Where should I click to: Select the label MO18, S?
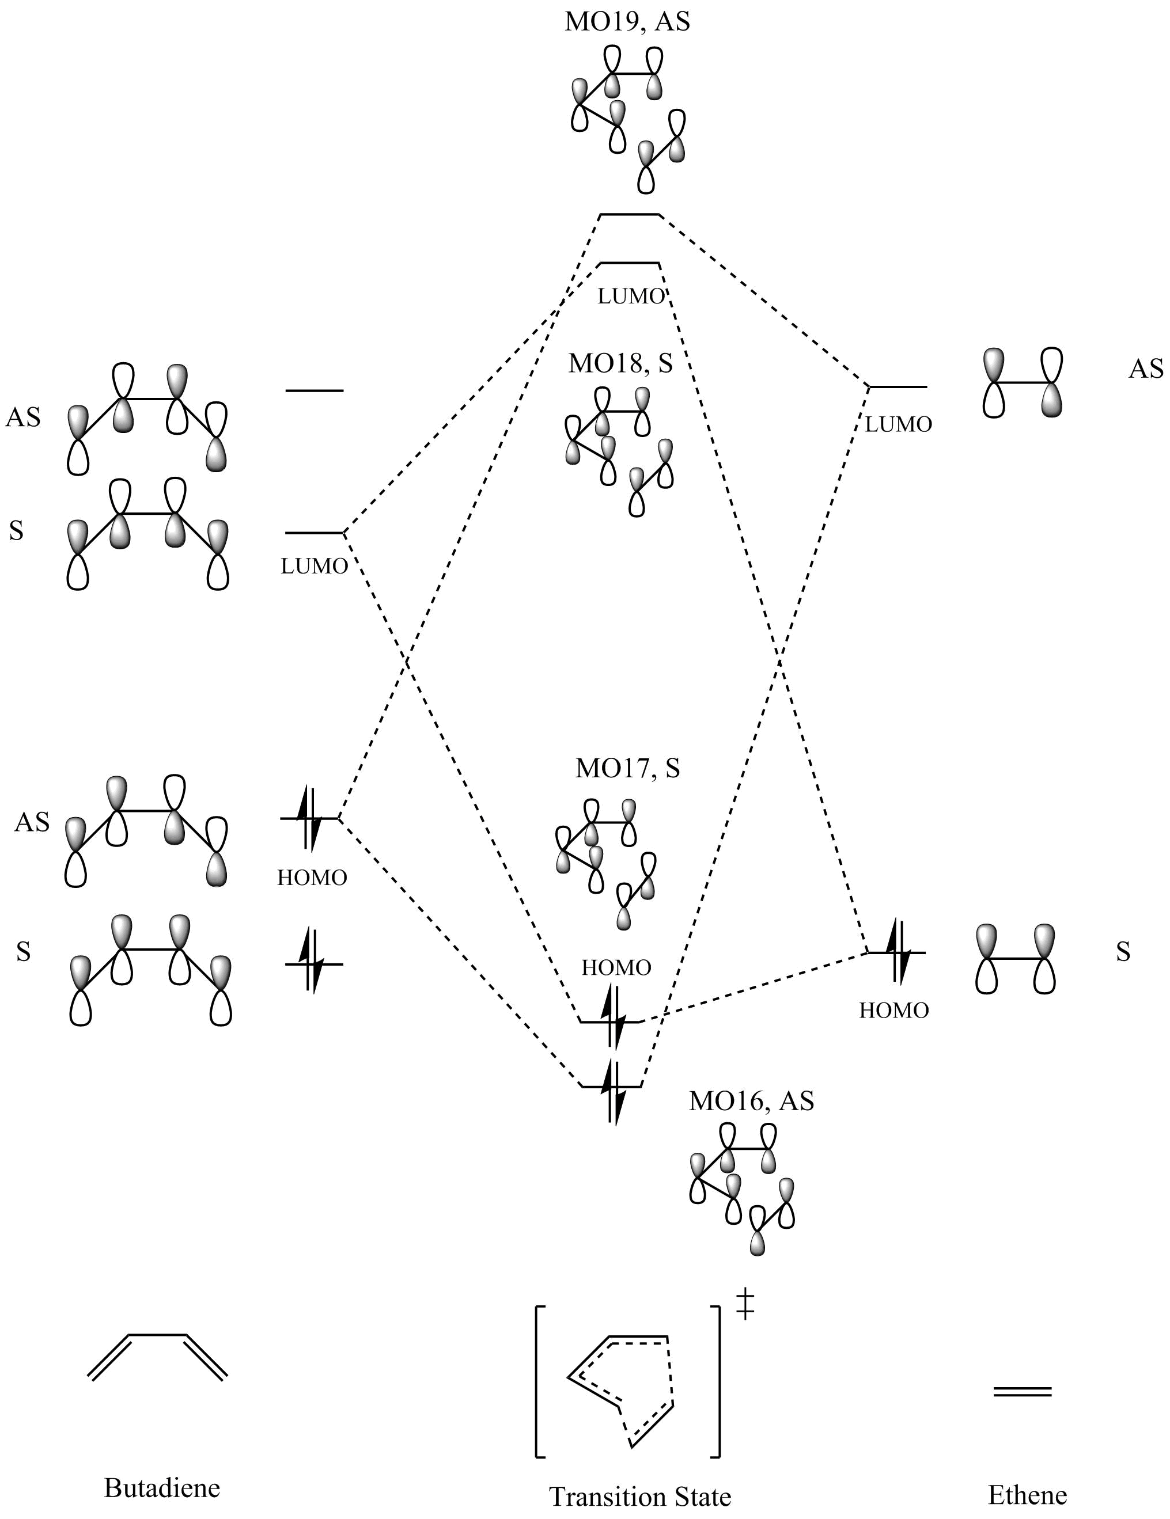[x=620, y=363]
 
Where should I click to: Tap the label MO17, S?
[x=627, y=768]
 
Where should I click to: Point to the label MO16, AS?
[x=751, y=1101]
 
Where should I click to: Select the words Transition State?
[x=639, y=1495]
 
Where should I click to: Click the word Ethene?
[x=1027, y=1494]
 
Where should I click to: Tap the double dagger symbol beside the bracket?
[x=745, y=1302]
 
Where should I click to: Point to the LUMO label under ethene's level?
[x=898, y=424]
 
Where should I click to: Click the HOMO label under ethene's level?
[x=893, y=1010]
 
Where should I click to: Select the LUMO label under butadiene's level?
[x=314, y=566]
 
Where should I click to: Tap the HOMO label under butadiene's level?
[x=312, y=878]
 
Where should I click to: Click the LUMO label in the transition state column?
[x=631, y=297]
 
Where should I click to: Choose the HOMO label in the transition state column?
[x=616, y=967]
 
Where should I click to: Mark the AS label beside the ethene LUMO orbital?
[x=1146, y=369]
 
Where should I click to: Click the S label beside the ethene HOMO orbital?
[x=1123, y=952]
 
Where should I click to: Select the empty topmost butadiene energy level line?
[x=314, y=391]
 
